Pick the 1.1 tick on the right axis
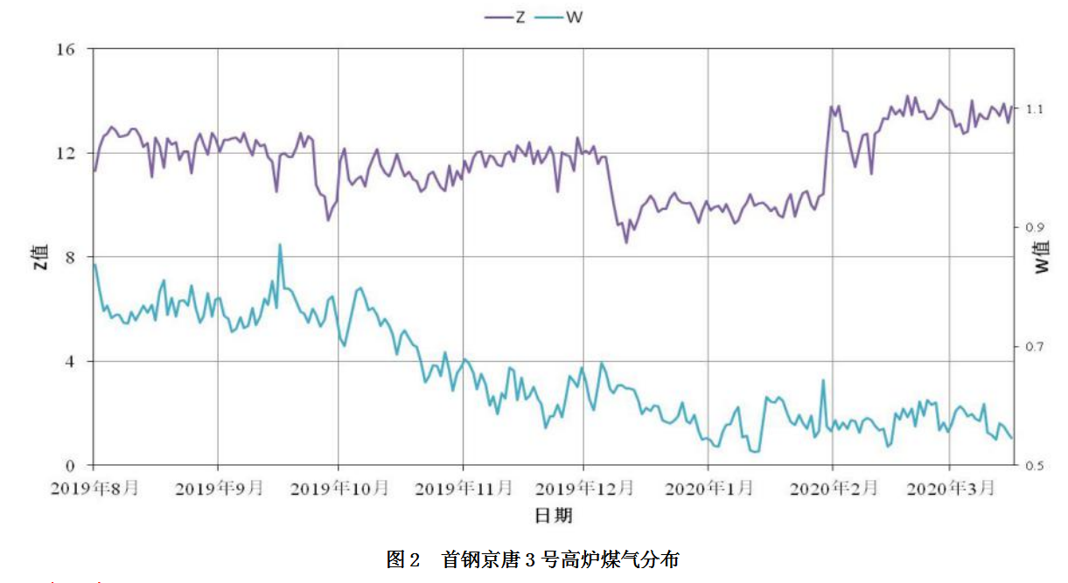pyautogui.click(x=1035, y=109)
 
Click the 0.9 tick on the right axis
pyautogui.click(x=1035, y=227)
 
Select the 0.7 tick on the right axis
pyautogui.click(x=1035, y=346)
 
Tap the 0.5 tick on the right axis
pyautogui.click(x=1035, y=465)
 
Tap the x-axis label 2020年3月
pyautogui.click(x=952, y=487)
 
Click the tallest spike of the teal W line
pyautogui.click(x=280, y=245)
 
